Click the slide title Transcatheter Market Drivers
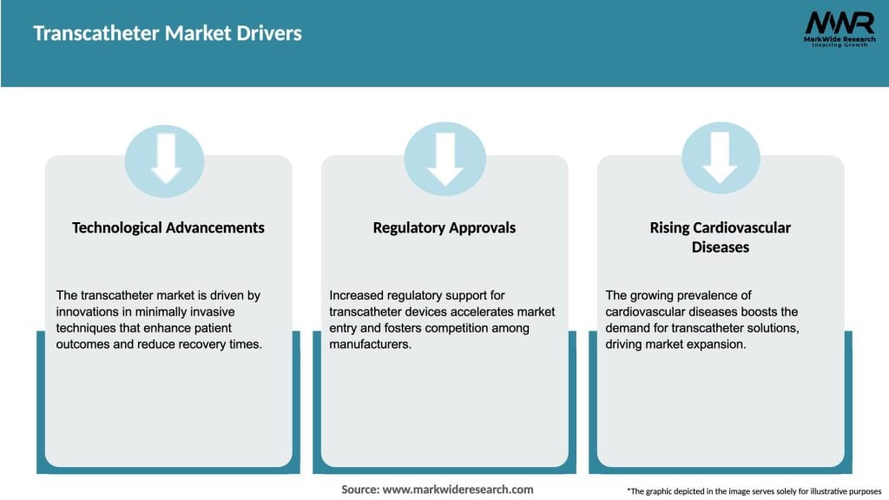(168, 34)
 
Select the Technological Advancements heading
(168, 227)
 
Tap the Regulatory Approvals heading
(444, 227)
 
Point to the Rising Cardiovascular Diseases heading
(721, 237)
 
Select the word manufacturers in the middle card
(369, 345)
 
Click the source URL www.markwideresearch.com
(458, 490)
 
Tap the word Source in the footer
(359, 490)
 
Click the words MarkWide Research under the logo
(839, 39)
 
